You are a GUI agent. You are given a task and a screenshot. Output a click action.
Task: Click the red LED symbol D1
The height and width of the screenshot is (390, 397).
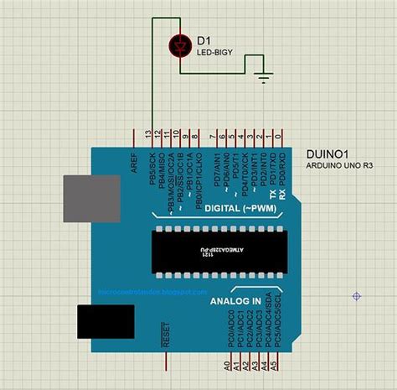178,45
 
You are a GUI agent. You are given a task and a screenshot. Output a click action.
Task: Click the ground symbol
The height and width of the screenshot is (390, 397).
266,79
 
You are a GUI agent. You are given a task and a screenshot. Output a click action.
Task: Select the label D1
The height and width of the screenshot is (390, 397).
203,39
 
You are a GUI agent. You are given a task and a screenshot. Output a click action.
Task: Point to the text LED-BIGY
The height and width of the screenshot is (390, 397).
214,53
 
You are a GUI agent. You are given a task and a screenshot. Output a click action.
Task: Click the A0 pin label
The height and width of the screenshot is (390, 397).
227,366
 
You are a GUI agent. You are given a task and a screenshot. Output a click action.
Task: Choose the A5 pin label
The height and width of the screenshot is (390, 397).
275,366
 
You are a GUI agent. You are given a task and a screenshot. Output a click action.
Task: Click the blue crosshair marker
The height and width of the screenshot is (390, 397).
357,295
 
